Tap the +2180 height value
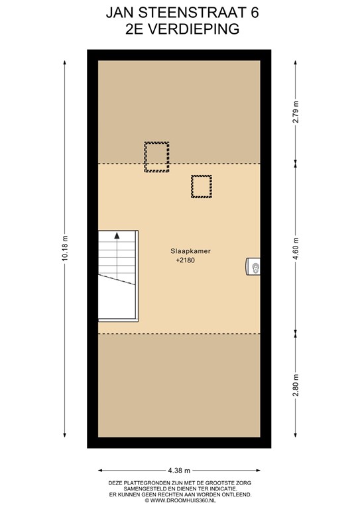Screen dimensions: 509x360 185,261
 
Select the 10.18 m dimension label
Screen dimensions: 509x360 65,249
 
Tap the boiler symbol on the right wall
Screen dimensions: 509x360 254,266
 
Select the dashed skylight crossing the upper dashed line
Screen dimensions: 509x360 156,156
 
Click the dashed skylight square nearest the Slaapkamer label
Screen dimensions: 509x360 201,186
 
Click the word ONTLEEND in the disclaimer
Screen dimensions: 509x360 233,494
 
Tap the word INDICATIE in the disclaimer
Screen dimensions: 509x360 224,488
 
